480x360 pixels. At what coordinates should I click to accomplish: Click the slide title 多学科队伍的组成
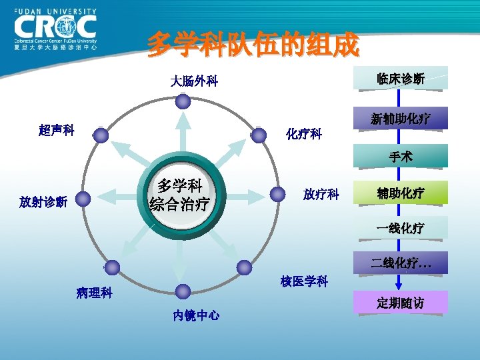click(x=253, y=45)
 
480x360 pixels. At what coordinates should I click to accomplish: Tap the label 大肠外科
click(x=194, y=81)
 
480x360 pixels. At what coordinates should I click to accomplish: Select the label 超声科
click(x=57, y=130)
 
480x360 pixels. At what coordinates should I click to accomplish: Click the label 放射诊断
click(x=43, y=201)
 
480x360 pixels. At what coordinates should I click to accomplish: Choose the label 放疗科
click(x=321, y=195)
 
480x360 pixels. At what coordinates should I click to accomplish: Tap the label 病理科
click(x=94, y=292)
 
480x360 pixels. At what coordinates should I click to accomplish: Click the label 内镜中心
click(x=196, y=315)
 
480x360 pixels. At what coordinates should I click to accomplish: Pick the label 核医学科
click(x=304, y=281)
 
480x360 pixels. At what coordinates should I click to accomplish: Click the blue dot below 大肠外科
click(x=183, y=101)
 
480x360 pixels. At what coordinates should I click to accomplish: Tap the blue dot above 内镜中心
click(x=182, y=291)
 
